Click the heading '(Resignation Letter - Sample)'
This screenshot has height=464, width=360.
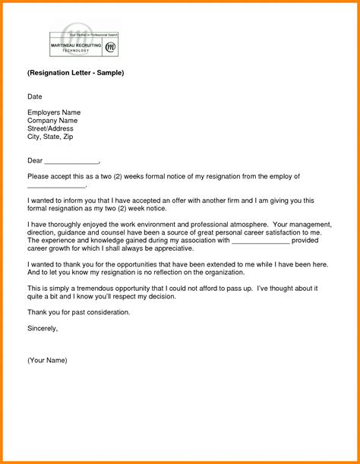[75, 73]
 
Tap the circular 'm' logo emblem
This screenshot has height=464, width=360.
[110, 47]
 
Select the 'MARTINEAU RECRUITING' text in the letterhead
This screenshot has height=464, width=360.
[76, 45]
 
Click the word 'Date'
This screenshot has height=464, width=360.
[35, 97]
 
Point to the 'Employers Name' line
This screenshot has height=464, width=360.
[54, 112]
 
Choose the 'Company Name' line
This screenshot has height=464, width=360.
[52, 121]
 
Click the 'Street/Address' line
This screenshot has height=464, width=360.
[50, 128]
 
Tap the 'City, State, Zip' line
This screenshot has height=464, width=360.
[50, 137]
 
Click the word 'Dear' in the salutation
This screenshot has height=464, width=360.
[35, 160]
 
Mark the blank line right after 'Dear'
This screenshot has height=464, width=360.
[71, 162]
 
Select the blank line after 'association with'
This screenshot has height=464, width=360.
[261, 241]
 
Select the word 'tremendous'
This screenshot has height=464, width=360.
[106, 289]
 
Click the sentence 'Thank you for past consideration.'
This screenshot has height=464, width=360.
[79, 312]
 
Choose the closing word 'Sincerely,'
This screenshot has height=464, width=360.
[43, 328]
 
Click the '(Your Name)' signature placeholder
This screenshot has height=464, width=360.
[47, 360]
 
